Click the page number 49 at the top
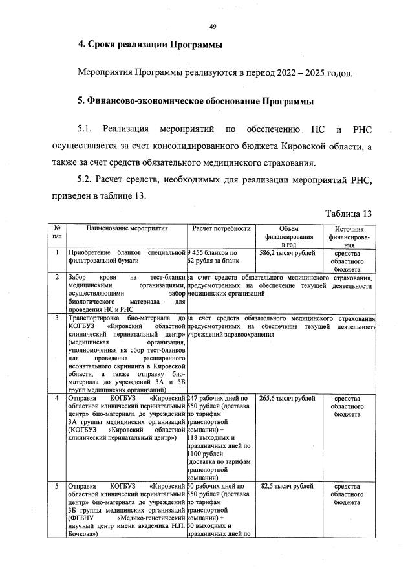[x=212, y=27]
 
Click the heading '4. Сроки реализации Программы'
[x=150, y=45]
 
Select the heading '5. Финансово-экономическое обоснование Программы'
[x=195, y=102]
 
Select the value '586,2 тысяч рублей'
[x=288, y=253]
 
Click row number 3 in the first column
[x=57, y=318]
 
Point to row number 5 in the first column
[x=57, y=485]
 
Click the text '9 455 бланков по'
[x=213, y=253]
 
